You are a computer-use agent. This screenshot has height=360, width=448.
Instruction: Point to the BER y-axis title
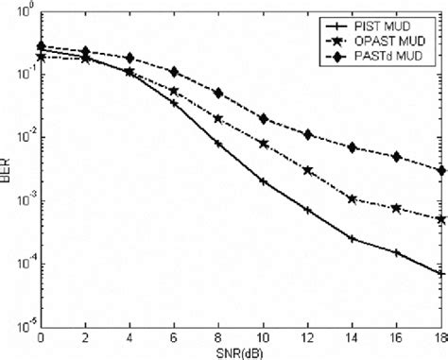[8, 171]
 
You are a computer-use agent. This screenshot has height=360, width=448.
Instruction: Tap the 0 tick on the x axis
[41, 337]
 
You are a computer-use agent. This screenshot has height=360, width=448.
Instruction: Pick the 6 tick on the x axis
[174, 337]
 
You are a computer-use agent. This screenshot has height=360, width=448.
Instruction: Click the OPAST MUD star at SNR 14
[353, 199]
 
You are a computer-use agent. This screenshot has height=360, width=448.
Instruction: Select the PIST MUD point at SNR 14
[353, 239]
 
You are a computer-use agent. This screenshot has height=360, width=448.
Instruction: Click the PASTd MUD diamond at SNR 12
[308, 134]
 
